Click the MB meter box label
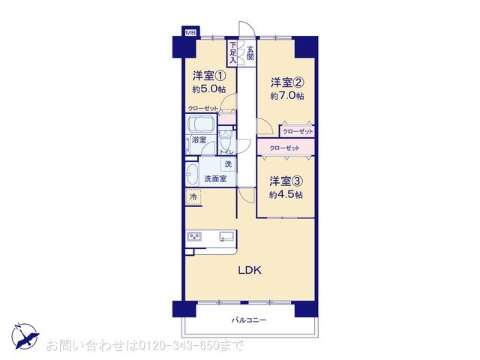click(x=190, y=32)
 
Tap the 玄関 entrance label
click(x=250, y=53)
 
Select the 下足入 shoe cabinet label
click(x=233, y=52)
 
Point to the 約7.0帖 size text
click(x=287, y=96)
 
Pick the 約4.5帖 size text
click(x=286, y=195)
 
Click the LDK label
click(x=250, y=270)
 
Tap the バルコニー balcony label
click(x=249, y=320)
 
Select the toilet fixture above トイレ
click(x=226, y=140)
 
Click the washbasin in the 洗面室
click(x=192, y=174)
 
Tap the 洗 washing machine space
click(x=228, y=164)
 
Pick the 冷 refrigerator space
click(x=193, y=196)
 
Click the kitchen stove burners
click(x=194, y=236)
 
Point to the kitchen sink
click(x=226, y=236)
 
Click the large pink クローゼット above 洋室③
click(x=286, y=148)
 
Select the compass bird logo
click(x=25, y=336)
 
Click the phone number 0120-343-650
click(x=179, y=346)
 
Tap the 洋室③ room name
click(x=286, y=181)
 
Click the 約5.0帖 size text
click(x=209, y=89)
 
